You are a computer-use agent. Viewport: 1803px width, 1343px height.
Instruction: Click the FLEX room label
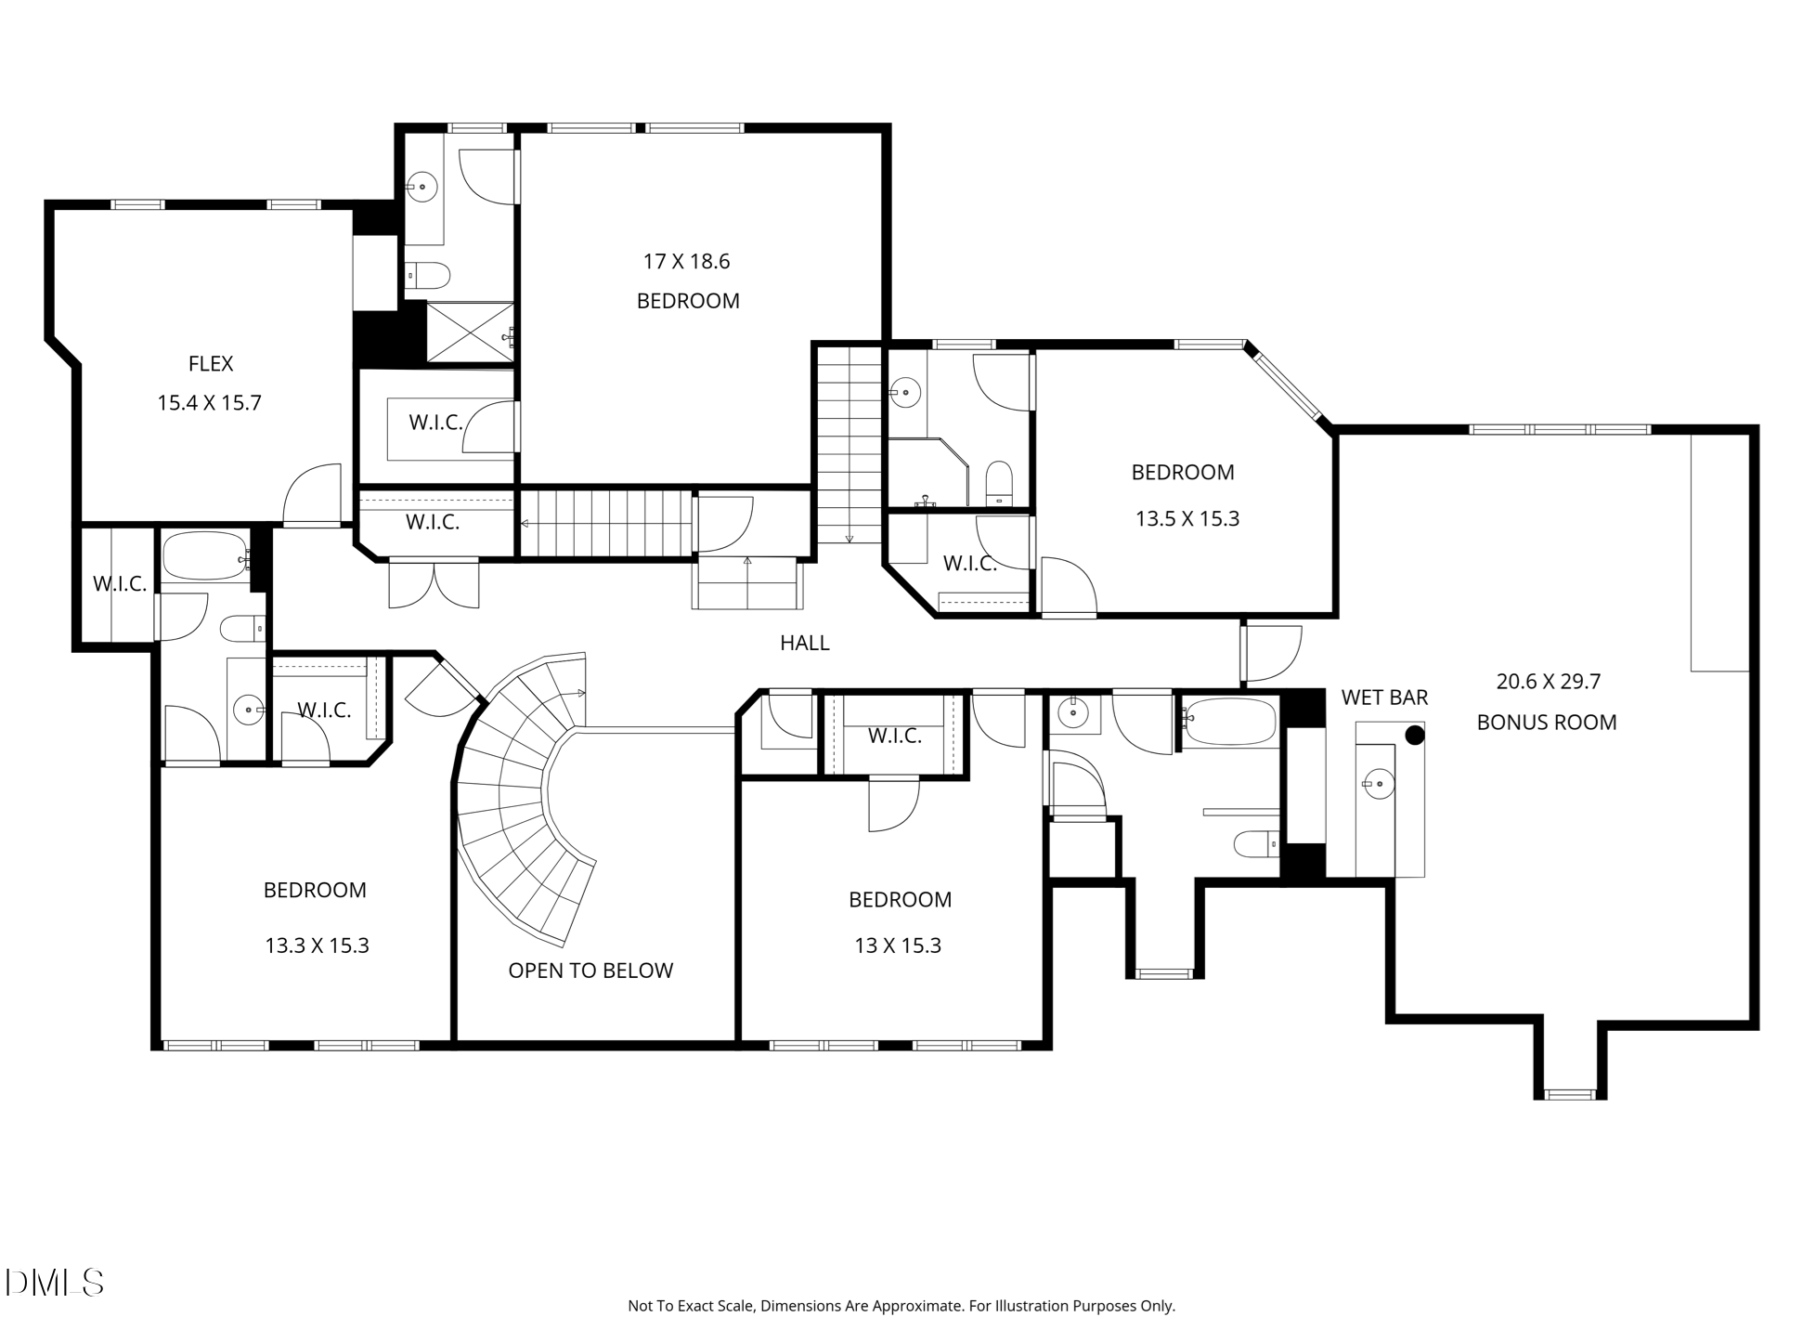(211, 364)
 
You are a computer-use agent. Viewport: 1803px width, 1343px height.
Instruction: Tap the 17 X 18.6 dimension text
(686, 262)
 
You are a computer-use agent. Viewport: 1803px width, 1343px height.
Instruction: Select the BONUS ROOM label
(1547, 723)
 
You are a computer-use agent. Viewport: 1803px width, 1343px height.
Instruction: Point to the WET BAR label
(1384, 698)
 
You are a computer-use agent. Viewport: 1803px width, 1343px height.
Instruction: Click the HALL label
(805, 643)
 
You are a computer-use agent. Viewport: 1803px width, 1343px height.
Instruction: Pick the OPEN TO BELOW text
(590, 971)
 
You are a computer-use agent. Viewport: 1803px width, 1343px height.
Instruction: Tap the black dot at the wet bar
(1415, 736)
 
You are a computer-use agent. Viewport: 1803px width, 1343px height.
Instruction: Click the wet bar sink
(1379, 784)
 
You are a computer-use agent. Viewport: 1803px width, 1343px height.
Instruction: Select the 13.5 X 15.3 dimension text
(1187, 519)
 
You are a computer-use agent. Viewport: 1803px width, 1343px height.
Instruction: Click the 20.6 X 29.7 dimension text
(1549, 682)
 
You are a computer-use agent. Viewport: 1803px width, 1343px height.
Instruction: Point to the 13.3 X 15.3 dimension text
(317, 945)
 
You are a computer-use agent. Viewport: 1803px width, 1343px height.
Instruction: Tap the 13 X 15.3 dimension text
(898, 945)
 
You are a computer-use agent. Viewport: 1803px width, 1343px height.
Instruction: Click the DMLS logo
(55, 1283)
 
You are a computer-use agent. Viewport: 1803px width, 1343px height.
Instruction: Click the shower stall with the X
(469, 332)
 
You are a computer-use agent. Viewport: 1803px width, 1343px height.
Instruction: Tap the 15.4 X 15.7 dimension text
(209, 403)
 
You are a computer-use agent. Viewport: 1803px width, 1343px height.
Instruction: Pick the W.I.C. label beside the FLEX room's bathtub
(120, 584)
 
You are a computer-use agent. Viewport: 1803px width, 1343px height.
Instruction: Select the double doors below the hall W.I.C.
(434, 583)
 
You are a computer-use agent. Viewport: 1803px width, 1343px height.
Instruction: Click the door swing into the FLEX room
(312, 494)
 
